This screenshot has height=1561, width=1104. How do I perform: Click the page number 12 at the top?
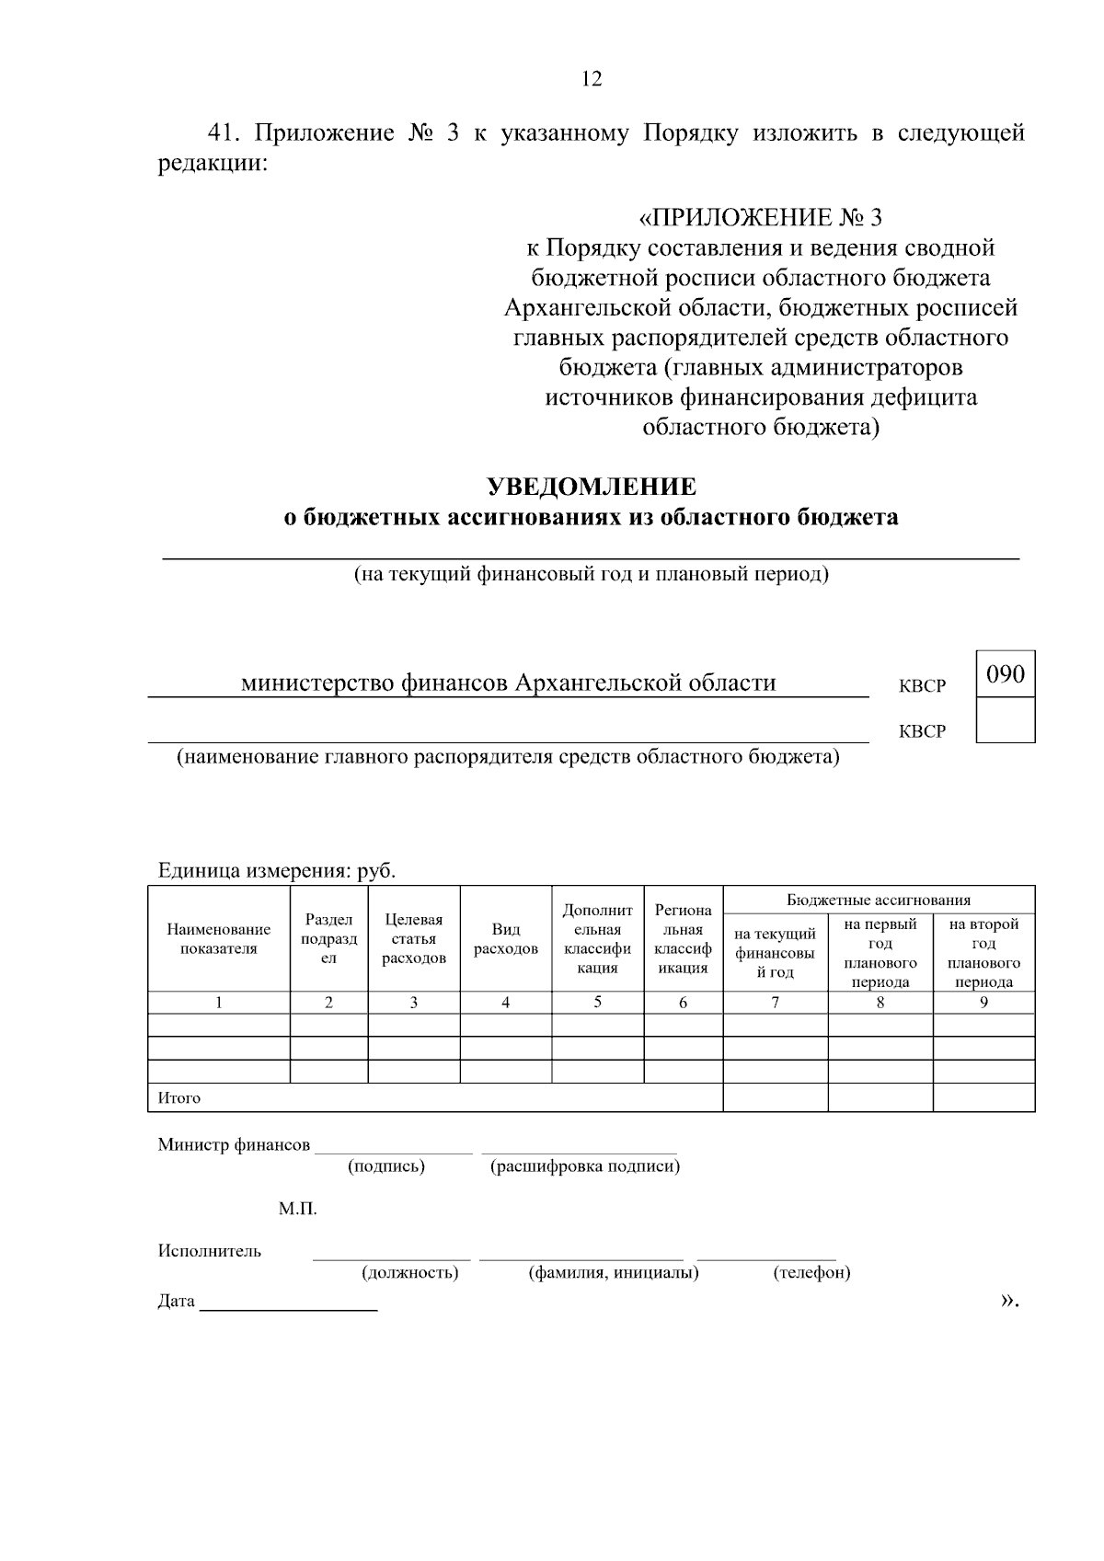point(592,79)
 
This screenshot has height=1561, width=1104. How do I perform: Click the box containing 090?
point(1005,674)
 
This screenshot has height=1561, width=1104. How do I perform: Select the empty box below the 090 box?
point(1005,720)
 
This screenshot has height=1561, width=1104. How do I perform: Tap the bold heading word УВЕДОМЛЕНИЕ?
point(591,486)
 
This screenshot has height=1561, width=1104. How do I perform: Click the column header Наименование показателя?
point(219,939)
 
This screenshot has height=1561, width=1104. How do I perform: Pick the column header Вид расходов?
point(505,939)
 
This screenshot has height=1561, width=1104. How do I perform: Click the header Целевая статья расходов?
point(413,939)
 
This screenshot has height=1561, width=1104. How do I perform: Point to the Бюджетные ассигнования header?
point(879,900)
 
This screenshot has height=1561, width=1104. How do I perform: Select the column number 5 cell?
point(597,1003)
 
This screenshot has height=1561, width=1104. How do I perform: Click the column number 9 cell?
point(983,1003)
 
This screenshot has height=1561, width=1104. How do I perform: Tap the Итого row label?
point(179,1098)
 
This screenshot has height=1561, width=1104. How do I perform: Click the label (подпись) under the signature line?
point(386,1166)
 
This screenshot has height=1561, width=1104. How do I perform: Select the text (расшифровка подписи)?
point(585,1166)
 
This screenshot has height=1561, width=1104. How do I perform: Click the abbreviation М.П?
point(298,1209)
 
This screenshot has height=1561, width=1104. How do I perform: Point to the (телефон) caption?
point(811,1273)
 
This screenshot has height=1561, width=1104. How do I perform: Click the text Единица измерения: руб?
point(277,870)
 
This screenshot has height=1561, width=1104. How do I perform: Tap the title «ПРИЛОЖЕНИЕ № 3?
point(760,218)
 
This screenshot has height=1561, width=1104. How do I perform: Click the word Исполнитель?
point(210,1251)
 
